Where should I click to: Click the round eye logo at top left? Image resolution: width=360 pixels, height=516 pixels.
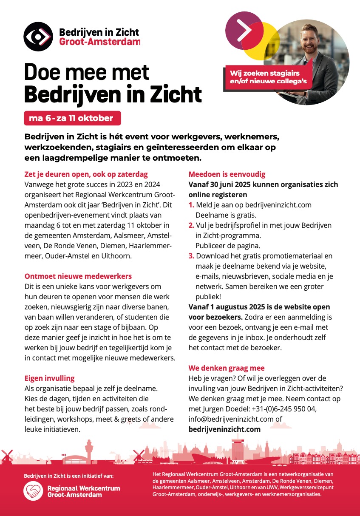[38, 37]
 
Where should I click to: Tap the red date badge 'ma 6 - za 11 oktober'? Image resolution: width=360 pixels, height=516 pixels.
[72, 118]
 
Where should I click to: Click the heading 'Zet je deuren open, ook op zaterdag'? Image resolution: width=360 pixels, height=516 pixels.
[86, 174]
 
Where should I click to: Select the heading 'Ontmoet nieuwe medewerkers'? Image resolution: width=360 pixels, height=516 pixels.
[78, 276]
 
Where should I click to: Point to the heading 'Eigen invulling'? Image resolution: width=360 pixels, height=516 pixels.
[49, 378]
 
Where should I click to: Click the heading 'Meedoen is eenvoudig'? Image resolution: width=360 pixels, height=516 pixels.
[227, 174]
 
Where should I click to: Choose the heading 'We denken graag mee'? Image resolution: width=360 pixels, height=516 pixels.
[227, 368]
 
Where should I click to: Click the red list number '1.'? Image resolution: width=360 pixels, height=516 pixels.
[192, 205]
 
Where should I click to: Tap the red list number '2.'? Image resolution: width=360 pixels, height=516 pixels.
[192, 225]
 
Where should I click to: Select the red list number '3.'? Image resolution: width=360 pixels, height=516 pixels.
[192, 256]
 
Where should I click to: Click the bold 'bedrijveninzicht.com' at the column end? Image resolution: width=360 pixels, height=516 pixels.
[224, 429]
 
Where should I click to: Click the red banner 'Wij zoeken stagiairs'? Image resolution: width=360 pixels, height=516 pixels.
[268, 77]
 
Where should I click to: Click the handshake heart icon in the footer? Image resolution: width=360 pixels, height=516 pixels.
[33, 491]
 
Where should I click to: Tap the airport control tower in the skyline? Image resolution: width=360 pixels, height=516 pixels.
[89, 448]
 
